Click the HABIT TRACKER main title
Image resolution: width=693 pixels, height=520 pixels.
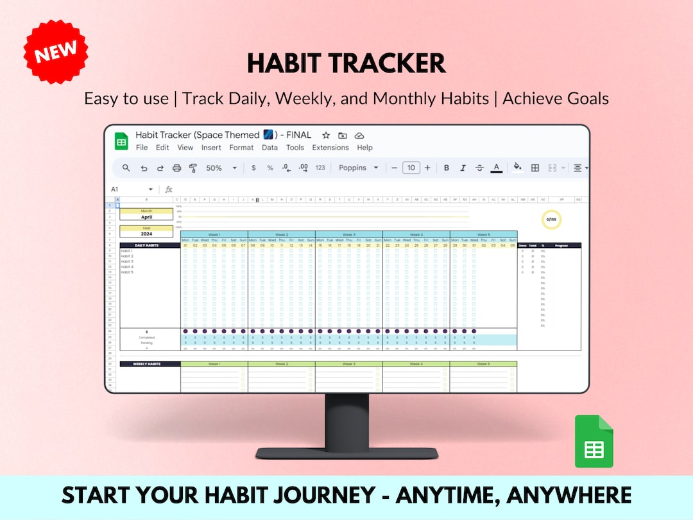[x=346, y=64]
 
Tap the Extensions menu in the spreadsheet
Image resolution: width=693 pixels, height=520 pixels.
[x=330, y=148]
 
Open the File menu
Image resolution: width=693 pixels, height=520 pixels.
[x=142, y=148]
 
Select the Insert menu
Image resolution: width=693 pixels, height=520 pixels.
[x=211, y=148]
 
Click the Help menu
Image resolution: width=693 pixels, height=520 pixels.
[x=364, y=148]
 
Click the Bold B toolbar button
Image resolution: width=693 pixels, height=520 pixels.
[x=447, y=168]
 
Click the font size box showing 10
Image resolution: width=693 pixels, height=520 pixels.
[x=411, y=168]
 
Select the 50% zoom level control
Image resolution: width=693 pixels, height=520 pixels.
[x=219, y=168]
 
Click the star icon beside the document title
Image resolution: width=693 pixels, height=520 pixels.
[x=326, y=135]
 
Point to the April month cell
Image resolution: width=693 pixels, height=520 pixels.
[x=146, y=217]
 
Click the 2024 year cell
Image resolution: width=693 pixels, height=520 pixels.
[x=146, y=234]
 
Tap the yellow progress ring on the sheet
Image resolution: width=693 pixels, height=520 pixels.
[x=551, y=220]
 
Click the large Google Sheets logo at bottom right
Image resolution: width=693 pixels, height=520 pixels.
[x=594, y=441]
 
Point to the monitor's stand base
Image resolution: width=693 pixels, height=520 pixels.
[x=346, y=453]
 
